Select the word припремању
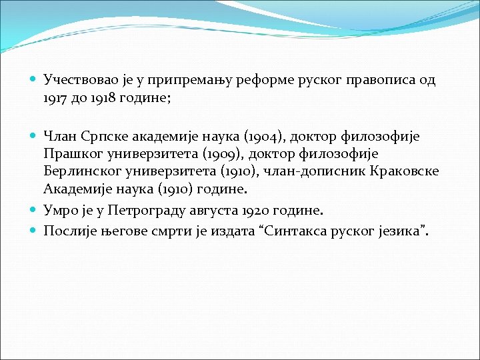[x=172, y=81]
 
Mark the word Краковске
[x=407, y=171]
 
